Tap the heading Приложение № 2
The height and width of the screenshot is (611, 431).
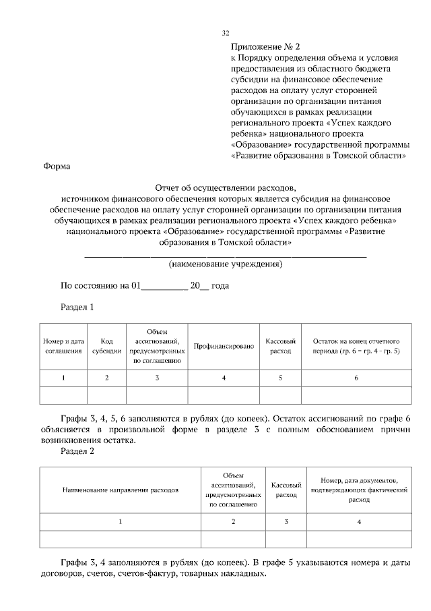[265, 47]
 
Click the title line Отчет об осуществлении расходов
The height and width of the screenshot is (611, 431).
[225, 188]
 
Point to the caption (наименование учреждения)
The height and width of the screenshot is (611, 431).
[225, 264]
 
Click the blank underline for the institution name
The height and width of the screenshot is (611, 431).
[225, 255]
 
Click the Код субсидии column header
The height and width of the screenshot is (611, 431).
[107, 346]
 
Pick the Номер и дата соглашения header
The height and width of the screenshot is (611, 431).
[63, 346]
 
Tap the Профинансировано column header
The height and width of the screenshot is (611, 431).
[224, 346]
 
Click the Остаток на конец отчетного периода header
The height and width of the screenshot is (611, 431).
[356, 346]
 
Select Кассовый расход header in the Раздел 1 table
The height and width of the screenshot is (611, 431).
[281, 346]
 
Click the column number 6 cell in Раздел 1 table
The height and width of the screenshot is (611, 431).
[356, 378]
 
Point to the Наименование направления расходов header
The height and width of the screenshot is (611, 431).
[121, 490]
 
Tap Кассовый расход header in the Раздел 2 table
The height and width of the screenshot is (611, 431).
[286, 490]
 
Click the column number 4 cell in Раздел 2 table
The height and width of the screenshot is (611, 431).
[358, 522]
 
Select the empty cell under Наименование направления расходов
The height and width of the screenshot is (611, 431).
[121, 539]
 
